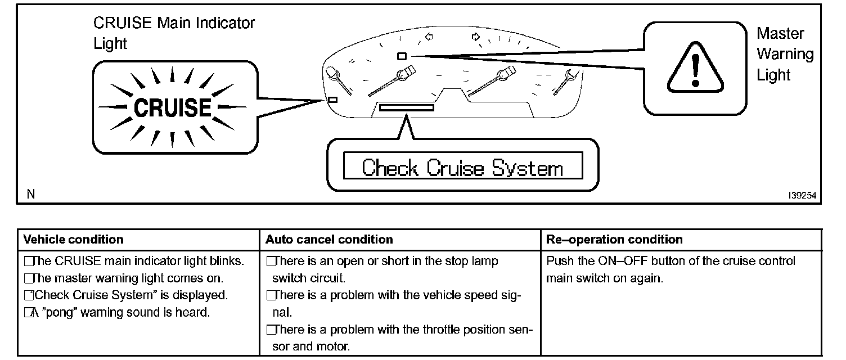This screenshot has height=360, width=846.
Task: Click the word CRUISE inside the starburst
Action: [172, 107]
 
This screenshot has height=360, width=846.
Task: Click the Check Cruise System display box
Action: [462, 167]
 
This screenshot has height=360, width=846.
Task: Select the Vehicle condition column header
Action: [73, 240]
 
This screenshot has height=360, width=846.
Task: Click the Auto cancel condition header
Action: [329, 240]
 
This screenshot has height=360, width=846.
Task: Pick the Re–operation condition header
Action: [614, 240]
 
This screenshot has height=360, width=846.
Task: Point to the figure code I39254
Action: [802, 195]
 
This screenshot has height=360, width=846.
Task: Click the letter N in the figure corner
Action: [30, 195]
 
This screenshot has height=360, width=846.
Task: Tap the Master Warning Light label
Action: [785, 54]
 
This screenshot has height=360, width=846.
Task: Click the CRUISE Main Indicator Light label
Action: [174, 33]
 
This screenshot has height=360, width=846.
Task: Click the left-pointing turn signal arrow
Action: [429, 37]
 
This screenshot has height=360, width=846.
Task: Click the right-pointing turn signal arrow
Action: [476, 37]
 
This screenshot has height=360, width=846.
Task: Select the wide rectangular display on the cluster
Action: [406, 107]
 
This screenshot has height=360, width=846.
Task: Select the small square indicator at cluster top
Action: [402, 56]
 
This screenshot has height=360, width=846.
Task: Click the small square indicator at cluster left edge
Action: [332, 100]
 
